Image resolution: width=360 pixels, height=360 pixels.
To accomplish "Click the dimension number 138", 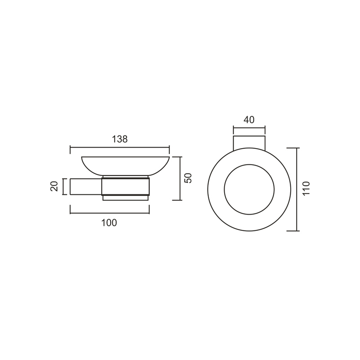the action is pos(120,139).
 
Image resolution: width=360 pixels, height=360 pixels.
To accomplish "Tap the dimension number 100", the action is pos(109,223).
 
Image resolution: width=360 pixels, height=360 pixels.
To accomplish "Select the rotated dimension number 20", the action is pos(54,186).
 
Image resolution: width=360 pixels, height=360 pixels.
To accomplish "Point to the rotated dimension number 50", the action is pos(188,178).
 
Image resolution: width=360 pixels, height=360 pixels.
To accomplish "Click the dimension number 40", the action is pos(249,120).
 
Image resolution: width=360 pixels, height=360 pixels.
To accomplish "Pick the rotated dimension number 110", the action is pos(306,188).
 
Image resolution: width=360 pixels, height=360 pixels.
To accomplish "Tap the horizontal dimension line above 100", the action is pos(110,213).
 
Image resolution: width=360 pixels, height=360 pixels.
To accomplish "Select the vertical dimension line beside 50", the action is pos(181,179).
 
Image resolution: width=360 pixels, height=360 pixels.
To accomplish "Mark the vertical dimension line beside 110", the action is pos(297,189).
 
